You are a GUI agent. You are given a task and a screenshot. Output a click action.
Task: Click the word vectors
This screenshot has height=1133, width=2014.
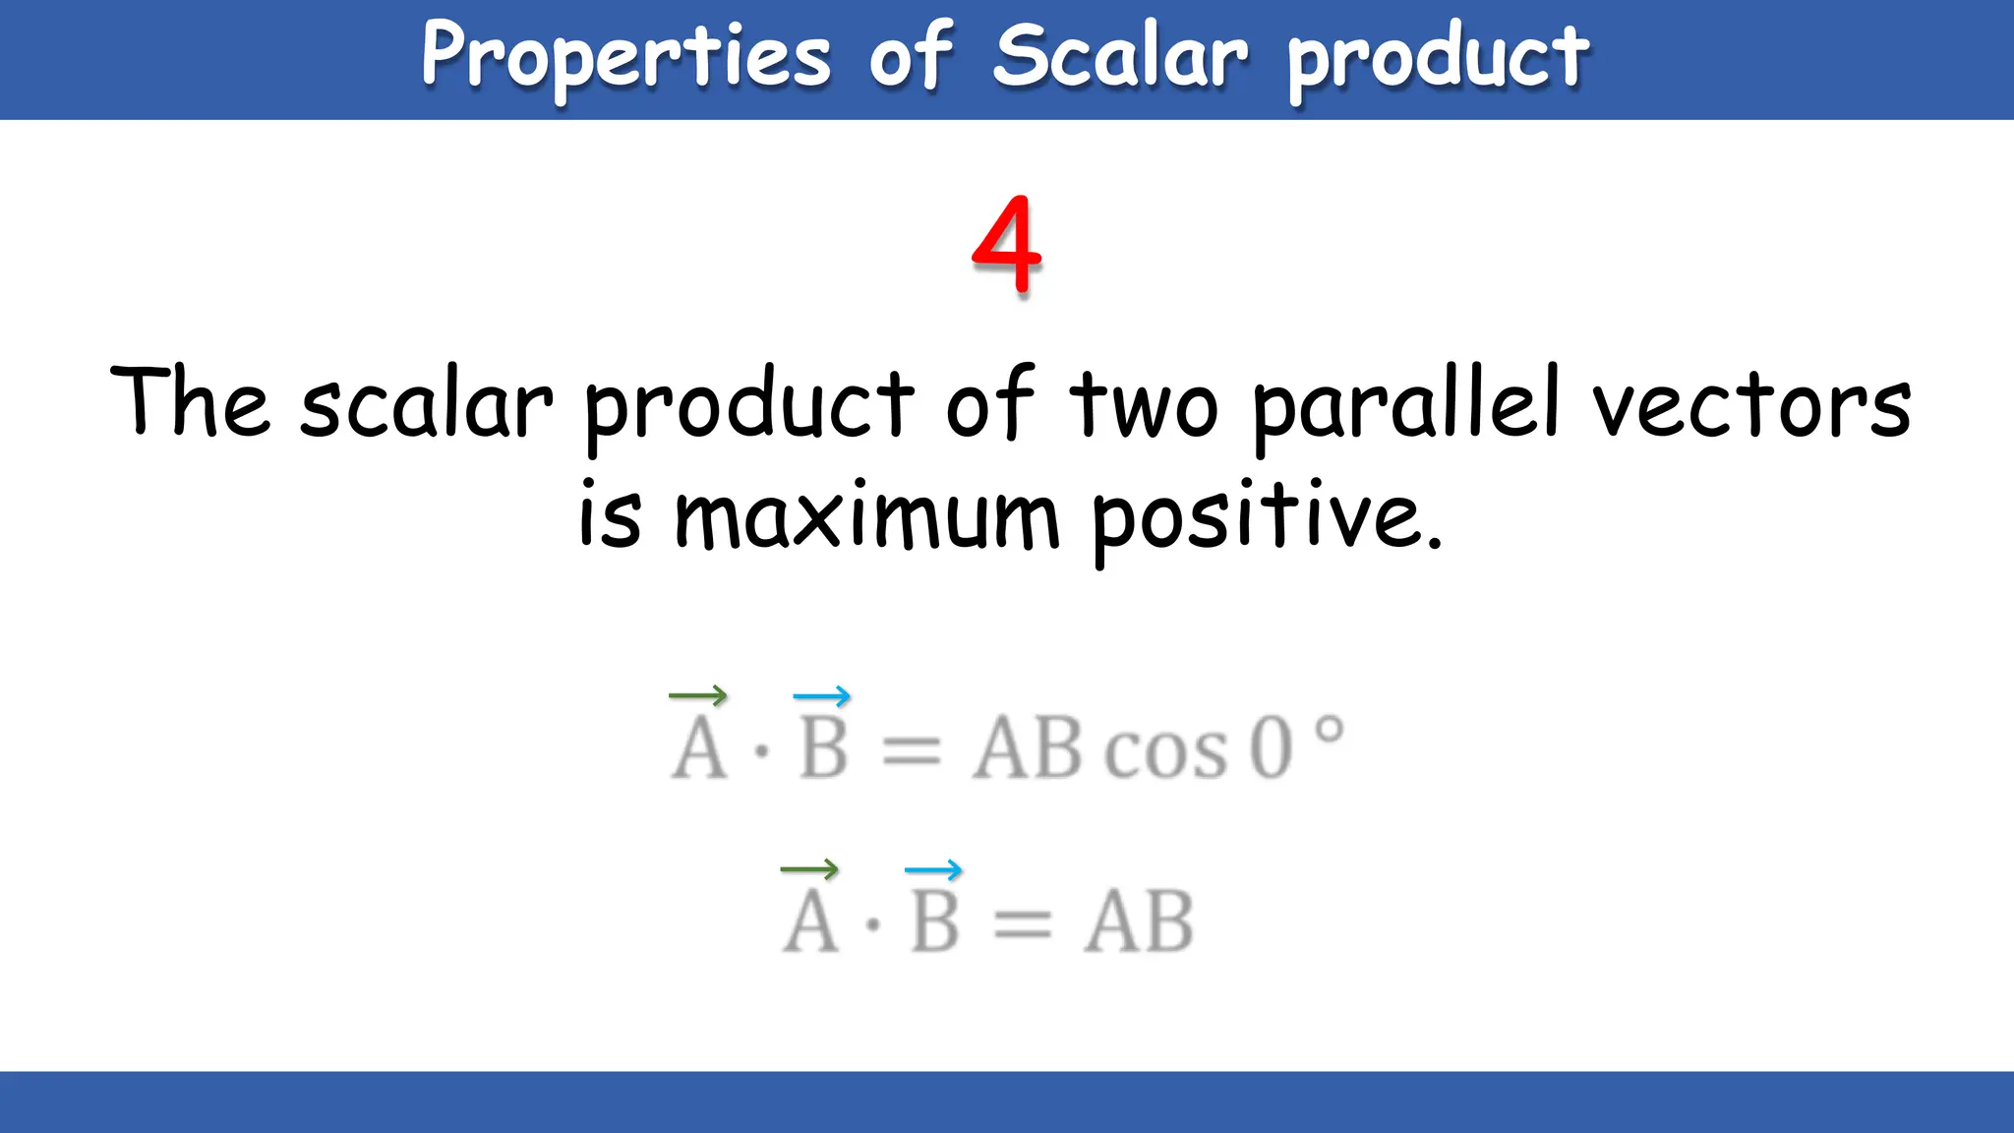coord(1751,405)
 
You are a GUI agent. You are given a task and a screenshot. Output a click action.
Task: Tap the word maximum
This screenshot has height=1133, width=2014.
coord(866,516)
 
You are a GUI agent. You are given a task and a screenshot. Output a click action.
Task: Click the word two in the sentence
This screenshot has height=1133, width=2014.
coord(1144,405)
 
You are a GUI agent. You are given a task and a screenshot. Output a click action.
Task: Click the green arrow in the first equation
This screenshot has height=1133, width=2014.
coord(698,696)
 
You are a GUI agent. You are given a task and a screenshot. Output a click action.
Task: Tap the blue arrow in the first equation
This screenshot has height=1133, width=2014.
coord(822,696)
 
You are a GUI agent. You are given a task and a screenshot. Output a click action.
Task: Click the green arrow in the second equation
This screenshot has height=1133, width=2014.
coord(809,869)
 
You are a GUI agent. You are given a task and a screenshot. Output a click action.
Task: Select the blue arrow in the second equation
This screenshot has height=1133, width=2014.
coord(933,869)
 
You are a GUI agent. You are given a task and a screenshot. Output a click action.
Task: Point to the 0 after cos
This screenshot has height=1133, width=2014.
coord(1271,748)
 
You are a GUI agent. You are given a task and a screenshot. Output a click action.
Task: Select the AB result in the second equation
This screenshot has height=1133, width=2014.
coord(1139,923)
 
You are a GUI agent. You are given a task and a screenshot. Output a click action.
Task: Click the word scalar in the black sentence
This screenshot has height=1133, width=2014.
coord(426,405)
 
